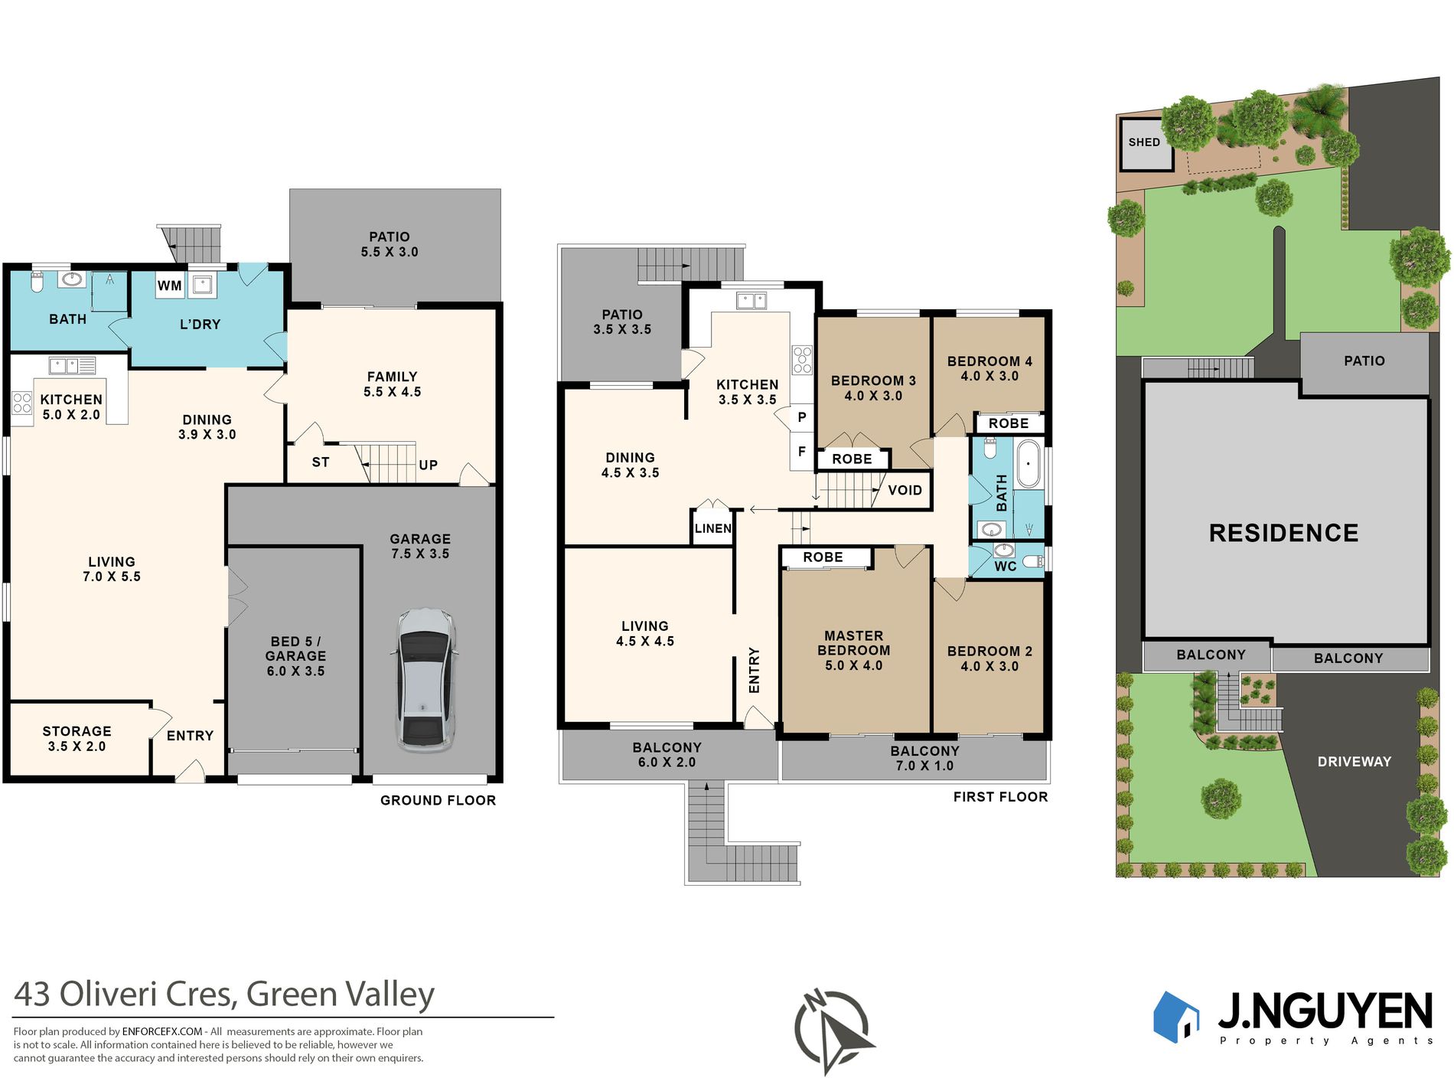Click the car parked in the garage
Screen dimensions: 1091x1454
pos(425,680)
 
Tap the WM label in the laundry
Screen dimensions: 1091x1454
pos(170,286)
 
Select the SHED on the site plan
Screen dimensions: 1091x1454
pos(1144,142)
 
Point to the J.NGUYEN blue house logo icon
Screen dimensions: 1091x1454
pos(1175,1017)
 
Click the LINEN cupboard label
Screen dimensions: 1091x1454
pos(712,528)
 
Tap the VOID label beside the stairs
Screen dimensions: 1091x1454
pos(905,490)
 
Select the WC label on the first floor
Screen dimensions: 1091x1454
pos(1005,567)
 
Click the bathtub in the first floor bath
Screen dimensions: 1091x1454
pos(1029,463)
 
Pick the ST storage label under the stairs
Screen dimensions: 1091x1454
pos(321,462)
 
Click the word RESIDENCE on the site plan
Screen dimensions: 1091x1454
pos(1283,533)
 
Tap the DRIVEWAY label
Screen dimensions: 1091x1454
pos(1354,762)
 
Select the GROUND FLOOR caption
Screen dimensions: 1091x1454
pos(438,800)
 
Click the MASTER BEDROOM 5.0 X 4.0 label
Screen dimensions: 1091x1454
pos(853,651)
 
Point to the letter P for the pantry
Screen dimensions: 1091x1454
pos(801,417)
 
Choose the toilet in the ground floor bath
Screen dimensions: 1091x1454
pos(37,282)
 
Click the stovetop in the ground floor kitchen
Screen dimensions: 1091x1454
pos(22,403)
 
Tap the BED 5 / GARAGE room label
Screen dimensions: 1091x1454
pos(295,656)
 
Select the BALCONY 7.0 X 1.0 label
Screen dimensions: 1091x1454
pos(924,758)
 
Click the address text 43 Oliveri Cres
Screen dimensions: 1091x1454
pos(122,995)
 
